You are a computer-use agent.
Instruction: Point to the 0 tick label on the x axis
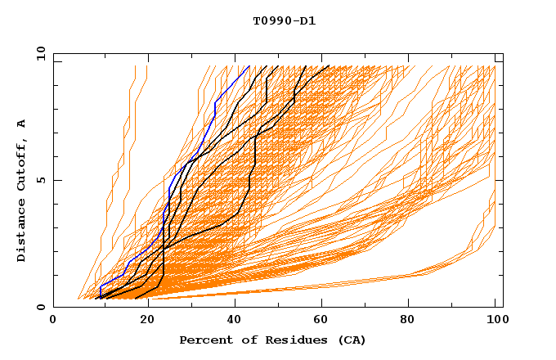[53, 322]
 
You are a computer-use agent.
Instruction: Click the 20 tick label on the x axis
[147, 322]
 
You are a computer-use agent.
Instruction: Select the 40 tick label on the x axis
[235, 322]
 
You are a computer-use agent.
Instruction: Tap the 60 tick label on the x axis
[324, 322]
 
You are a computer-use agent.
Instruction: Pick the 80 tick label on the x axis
[412, 322]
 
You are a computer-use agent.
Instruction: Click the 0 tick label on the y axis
[40, 307]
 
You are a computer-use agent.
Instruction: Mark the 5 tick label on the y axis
[40, 180]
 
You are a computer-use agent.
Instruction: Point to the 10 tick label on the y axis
[38, 53]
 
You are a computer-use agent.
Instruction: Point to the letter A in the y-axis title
[21, 123]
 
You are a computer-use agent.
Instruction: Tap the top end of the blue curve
[249, 66]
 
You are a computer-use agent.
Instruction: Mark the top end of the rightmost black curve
[329, 66]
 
